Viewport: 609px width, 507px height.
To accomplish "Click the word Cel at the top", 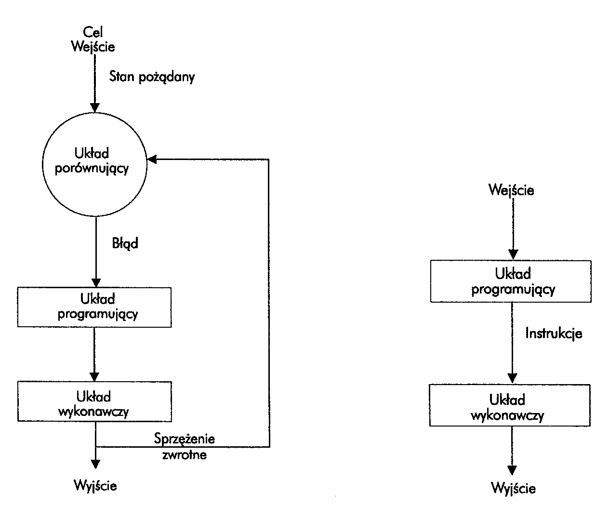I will (93, 33).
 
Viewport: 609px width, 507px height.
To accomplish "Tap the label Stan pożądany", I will (152, 77).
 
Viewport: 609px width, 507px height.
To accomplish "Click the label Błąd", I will (125, 243).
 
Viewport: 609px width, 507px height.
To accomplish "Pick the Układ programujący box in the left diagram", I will (94, 307).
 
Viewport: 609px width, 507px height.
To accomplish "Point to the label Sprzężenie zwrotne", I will (185, 446).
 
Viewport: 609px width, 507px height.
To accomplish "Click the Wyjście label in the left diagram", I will (95, 485).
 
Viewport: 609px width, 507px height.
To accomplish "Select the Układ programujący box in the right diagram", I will (511, 281).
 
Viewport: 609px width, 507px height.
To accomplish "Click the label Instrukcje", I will (554, 333).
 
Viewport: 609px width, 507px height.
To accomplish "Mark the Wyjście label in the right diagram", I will (513, 488).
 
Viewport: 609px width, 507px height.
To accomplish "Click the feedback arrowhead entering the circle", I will (151, 159).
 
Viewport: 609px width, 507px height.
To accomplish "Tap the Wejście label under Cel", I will (93, 47).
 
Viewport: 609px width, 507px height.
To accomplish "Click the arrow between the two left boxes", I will (94, 354).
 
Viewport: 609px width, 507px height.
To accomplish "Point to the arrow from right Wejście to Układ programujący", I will (513, 229).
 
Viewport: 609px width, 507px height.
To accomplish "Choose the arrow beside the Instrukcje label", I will (513, 343).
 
